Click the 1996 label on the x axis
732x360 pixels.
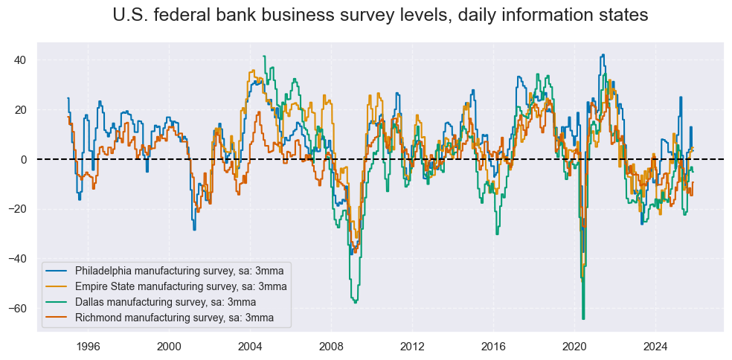click(88, 346)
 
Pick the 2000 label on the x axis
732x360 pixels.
click(169, 346)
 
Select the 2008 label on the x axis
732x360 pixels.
click(331, 346)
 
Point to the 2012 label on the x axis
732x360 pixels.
click(412, 346)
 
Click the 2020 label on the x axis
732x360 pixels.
click(574, 346)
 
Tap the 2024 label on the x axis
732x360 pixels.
click(655, 346)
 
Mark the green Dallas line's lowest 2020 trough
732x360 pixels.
click(583, 318)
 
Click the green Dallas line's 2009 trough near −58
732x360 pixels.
click(356, 302)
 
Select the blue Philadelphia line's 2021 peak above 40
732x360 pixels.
click(603, 55)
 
